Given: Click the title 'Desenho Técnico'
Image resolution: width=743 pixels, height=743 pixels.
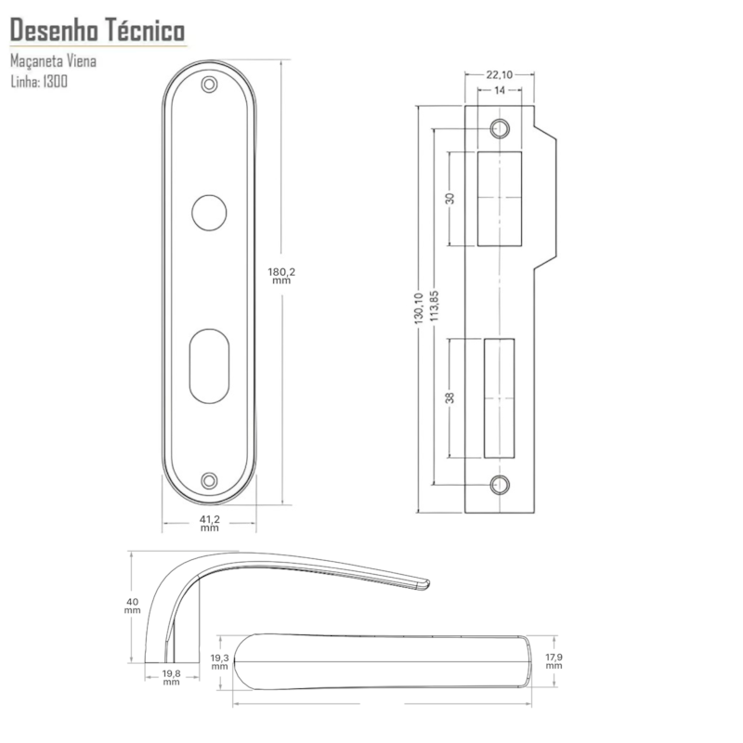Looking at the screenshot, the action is pyautogui.click(x=98, y=31).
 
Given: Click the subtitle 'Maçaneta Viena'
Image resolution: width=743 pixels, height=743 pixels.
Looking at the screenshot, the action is pyautogui.click(x=53, y=61).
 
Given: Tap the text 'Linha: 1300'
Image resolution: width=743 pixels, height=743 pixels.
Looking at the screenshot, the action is pyautogui.click(x=39, y=82).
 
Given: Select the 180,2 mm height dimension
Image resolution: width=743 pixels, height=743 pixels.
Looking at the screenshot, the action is pyautogui.click(x=281, y=276).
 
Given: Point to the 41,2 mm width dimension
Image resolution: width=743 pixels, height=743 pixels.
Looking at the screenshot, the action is pyautogui.click(x=210, y=524).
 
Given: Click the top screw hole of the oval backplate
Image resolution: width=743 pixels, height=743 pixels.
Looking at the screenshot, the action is pyautogui.click(x=209, y=85).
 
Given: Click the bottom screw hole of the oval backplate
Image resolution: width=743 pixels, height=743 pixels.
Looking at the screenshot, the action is pyautogui.click(x=209, y=480).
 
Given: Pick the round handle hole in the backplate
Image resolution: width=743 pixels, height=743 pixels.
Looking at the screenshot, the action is pyautogui.click(x=209, y=213).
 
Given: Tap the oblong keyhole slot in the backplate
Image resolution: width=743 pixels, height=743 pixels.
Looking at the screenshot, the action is pyautogui.click(x=209, y=366).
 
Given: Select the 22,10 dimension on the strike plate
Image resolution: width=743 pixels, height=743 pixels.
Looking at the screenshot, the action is pyautogui.click(x=500, y=74).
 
